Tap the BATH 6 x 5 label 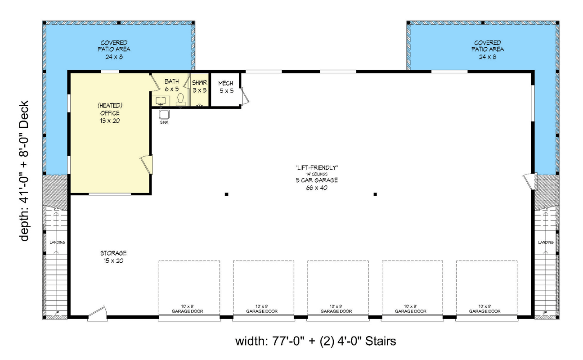(171, 85)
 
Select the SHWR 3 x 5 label (199, 86)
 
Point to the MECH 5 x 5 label (225, 87)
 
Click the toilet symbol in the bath (180, 99)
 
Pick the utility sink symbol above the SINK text (164, 114)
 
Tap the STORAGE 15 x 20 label (113, 257)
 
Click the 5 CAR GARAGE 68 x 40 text (317, 184)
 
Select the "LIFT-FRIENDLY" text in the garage (317, 168)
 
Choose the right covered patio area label (488, 49)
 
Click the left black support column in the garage (226, 194)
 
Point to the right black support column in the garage (375, 194)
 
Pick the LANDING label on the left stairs (57, 243)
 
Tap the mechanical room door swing (245, 96)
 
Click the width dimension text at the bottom (315, 341)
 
